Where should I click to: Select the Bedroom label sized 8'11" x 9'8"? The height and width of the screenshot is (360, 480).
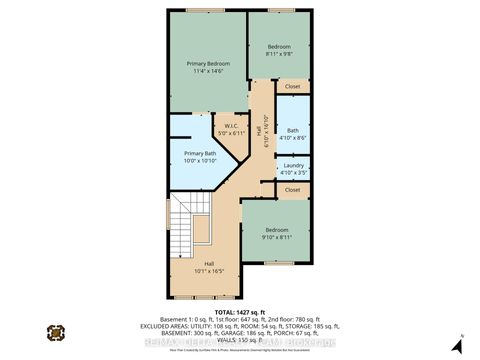click(279, 47)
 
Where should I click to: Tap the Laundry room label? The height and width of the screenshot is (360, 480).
click(293, 164)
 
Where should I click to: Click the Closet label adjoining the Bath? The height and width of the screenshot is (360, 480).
click(292, 87)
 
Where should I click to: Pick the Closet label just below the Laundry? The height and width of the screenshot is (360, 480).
click(292, 188)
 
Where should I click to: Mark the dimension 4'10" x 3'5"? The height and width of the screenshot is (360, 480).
click(293, 172)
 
